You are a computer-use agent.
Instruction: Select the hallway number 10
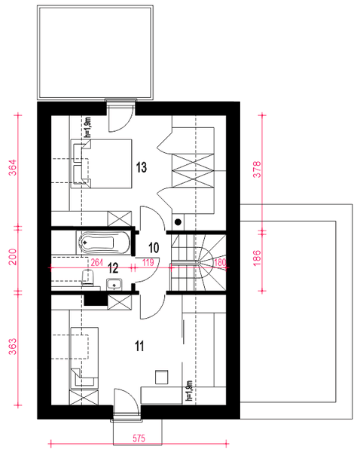153,246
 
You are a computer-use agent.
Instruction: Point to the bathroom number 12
112,267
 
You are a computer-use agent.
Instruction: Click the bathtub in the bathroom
104,243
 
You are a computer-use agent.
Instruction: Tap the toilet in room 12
86,281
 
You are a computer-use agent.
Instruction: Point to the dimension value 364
12,167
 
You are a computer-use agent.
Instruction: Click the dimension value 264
96,263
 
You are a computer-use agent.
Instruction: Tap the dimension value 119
148,263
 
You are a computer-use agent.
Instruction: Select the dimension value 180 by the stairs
220,263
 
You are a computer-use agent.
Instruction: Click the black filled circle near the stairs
178,222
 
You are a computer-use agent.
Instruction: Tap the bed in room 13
102,163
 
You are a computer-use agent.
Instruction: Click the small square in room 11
159,375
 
